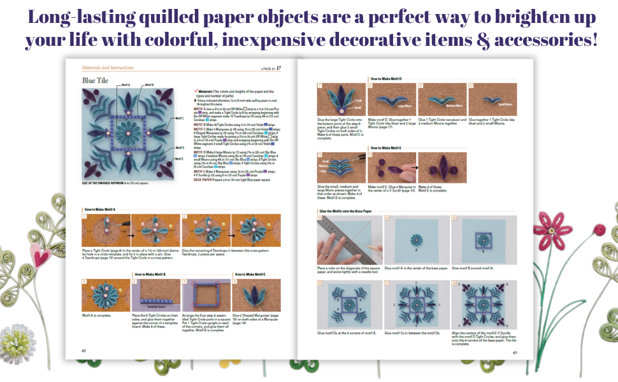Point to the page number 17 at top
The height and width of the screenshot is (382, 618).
pyautogui.click(x=278, y=67)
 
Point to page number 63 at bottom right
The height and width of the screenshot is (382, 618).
pyautogui.click(x=515, y=352)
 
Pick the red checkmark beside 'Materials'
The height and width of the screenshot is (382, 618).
pyautogui.click(x=195, y=91)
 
